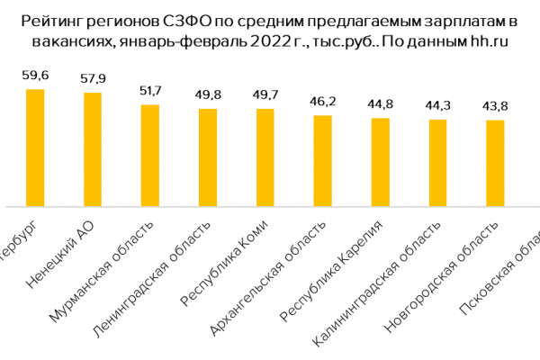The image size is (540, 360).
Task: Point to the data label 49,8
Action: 208,94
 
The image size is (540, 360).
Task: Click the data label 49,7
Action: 265,94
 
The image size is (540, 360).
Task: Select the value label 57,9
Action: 93,78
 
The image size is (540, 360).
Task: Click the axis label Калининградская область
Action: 364,292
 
